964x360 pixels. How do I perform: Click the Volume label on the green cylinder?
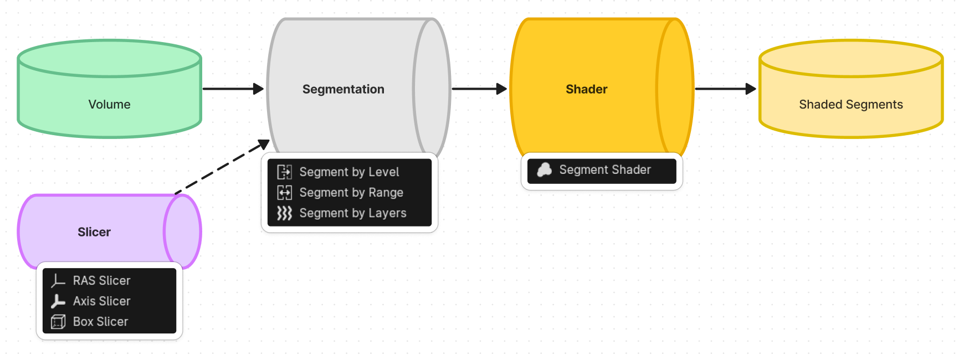(109, 105)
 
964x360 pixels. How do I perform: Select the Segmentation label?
(343, 89)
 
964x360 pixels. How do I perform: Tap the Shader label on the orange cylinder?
(586, 89)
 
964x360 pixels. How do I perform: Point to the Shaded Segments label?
(850, 105)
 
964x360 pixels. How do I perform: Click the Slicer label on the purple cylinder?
(94, 232)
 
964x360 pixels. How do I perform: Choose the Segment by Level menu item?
(349, 172)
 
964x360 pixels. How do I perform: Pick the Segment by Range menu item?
(351, 193)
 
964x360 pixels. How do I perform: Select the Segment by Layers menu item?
(353, 213)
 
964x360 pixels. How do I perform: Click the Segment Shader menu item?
(605, 170)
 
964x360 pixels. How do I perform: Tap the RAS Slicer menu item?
(102, 281)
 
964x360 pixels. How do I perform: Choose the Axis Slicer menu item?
(102, 301)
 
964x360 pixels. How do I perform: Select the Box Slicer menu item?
(100, 322)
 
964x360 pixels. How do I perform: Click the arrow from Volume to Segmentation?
(233, 89)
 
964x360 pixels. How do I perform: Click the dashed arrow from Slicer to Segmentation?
(222, 168)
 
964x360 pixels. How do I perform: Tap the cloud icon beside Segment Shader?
(545, 170)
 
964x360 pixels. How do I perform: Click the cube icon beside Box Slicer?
(58, 322)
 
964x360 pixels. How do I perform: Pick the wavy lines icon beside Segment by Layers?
(284, 213)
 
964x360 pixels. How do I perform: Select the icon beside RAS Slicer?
(58, 281)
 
